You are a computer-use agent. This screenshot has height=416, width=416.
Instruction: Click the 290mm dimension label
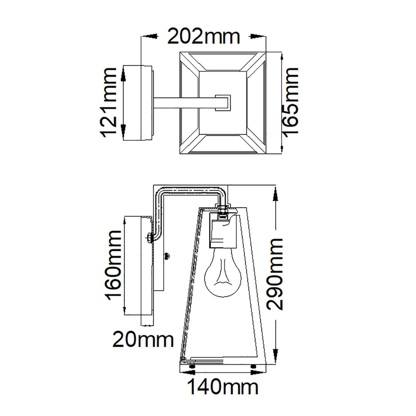276,274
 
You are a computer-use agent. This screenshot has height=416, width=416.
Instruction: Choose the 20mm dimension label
143,340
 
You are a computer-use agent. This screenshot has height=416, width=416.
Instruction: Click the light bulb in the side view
221,274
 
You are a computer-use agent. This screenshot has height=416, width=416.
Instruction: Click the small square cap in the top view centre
223,103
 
